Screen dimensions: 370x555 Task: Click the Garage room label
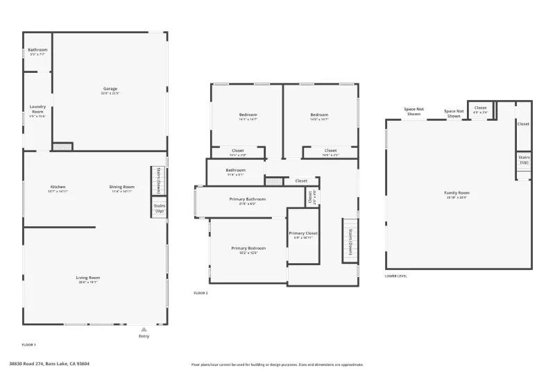click(110, 89)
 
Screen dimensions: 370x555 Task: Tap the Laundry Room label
click(37, 110)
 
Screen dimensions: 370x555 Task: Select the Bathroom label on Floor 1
click(37, 50)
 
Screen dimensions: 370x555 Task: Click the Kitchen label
click(58, 187)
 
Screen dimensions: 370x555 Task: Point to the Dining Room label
click(122, 187)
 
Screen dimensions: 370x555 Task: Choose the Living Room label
click(88, 278)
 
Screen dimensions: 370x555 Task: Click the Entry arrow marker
click(144, 330)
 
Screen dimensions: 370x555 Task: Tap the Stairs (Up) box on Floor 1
click(159, 208)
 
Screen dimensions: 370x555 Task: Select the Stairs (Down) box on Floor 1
click(159, 180)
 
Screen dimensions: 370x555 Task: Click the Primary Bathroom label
click(248, 199)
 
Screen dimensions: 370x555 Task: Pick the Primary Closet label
click(303, 233)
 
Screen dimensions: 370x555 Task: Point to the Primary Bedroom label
click(248, 248)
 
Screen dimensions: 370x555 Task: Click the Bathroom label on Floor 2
click(235, 170)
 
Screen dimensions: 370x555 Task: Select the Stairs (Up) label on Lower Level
click(524, 160)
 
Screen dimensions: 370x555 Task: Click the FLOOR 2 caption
click(200, 294)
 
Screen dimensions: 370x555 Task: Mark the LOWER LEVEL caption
click(396, 276)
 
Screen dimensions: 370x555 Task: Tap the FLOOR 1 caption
click(29, 344)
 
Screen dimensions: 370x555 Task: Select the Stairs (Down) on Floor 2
click(350, 242)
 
